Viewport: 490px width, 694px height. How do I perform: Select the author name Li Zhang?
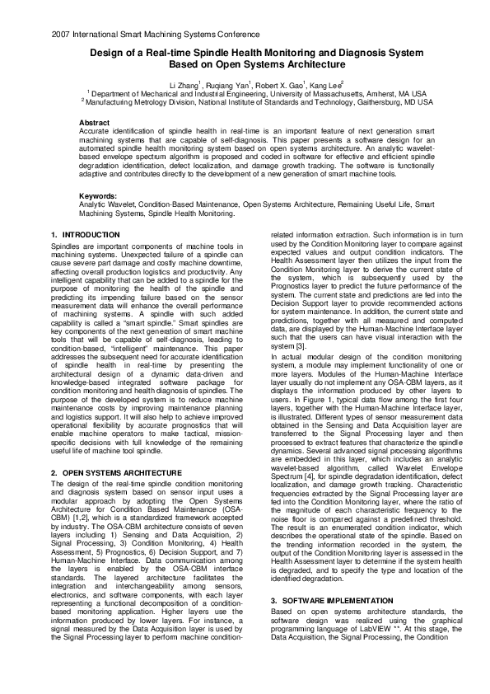pyautogui.click(x=184, y=85)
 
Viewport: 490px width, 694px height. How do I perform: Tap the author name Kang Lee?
pyautogui.click(x=325, y=85)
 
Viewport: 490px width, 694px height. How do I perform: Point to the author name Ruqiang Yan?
pyautogui.click(x=227, y=85)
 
